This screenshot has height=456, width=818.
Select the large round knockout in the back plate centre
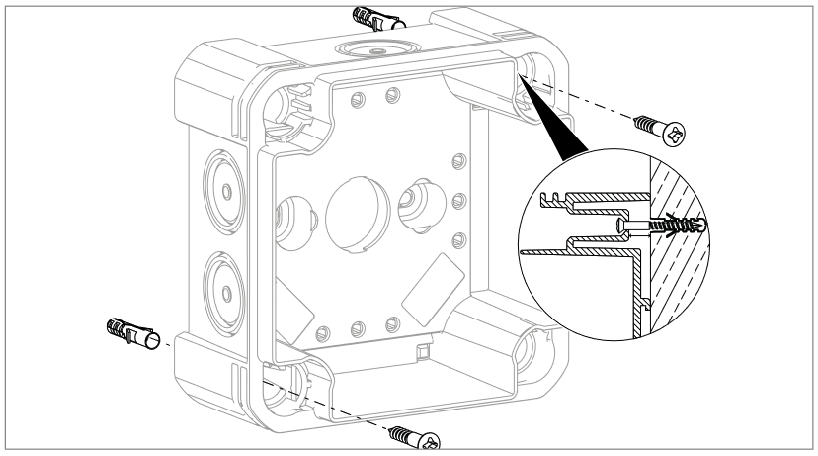[x=351, y=211]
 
